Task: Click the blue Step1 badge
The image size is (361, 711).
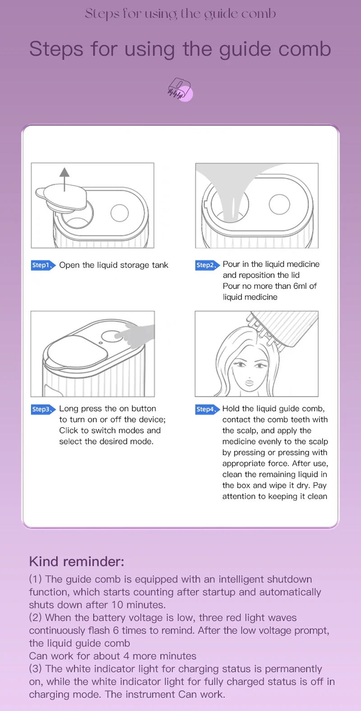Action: coord(43,265)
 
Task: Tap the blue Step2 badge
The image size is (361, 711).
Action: coord(207,265)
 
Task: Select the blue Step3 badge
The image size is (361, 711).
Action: coord(43,409)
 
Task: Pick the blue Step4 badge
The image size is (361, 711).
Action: coord(207,409)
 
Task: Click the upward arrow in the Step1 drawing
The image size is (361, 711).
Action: coord(65,180)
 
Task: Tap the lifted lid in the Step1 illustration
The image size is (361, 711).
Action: coord(61,198)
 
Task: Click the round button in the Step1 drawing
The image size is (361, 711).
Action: coord(120,212)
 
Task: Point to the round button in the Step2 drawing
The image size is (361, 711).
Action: coord(279,204)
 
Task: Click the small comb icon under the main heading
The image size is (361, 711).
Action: coord(180,89)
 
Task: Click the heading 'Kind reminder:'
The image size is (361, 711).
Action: coord(77,561)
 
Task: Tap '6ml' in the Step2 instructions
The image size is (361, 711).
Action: coord(300,286)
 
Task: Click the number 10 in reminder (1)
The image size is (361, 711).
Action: coord(117,605)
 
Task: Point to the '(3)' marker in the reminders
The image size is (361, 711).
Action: coord(35,669)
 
